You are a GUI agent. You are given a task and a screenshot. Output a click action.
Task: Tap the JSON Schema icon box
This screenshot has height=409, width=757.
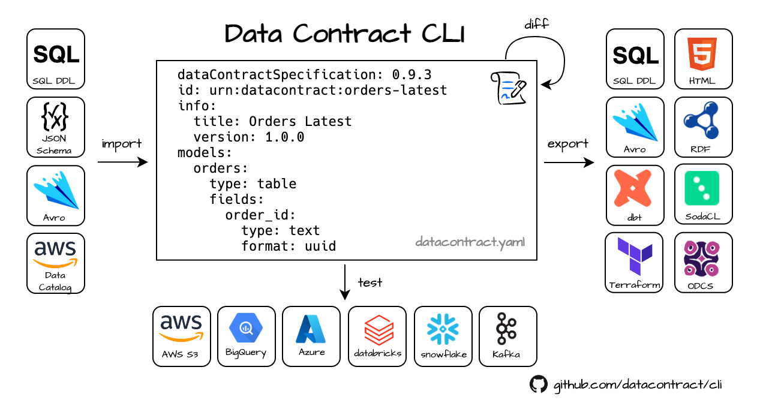click(x=56, y=127)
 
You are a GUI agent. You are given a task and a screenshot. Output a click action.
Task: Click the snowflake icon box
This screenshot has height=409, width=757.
click(x=443, y=336)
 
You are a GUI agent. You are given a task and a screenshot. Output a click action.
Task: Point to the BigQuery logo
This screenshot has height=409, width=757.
click(x=246, y=328)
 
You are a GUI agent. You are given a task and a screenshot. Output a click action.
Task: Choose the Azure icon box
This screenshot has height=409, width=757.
click(x=311, y=336)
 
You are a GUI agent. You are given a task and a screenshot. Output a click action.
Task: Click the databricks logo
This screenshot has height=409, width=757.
click(x=378, y=330)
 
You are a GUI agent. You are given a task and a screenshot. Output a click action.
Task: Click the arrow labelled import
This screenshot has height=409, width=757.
click(x=122, y=162)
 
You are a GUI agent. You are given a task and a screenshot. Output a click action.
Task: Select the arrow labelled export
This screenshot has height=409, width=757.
click(x=569, y=162)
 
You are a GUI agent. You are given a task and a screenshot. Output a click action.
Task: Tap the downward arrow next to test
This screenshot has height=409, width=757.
click(x=345, y=281)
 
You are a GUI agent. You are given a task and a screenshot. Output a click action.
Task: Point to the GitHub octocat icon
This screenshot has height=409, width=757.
click(x=539, y=384)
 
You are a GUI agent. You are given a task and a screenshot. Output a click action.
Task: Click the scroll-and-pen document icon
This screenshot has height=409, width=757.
click(x=509, y=88)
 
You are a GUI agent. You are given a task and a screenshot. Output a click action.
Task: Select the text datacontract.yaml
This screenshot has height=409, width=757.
click(x=470, y=243)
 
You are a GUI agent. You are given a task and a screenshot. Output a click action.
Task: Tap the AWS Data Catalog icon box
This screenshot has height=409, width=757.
click(x=56, y=263)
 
